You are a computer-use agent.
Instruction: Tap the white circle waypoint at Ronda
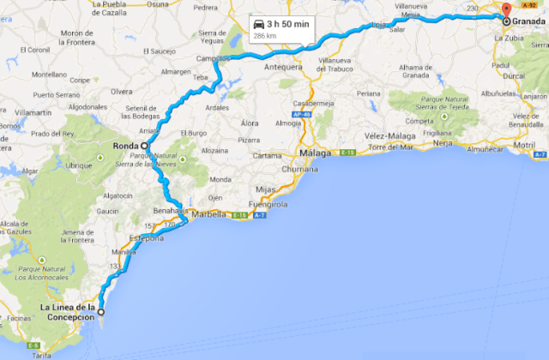145,147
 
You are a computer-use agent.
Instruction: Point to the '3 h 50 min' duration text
287,25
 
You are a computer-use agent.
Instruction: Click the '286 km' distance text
263,38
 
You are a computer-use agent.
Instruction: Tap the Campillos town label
210,59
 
